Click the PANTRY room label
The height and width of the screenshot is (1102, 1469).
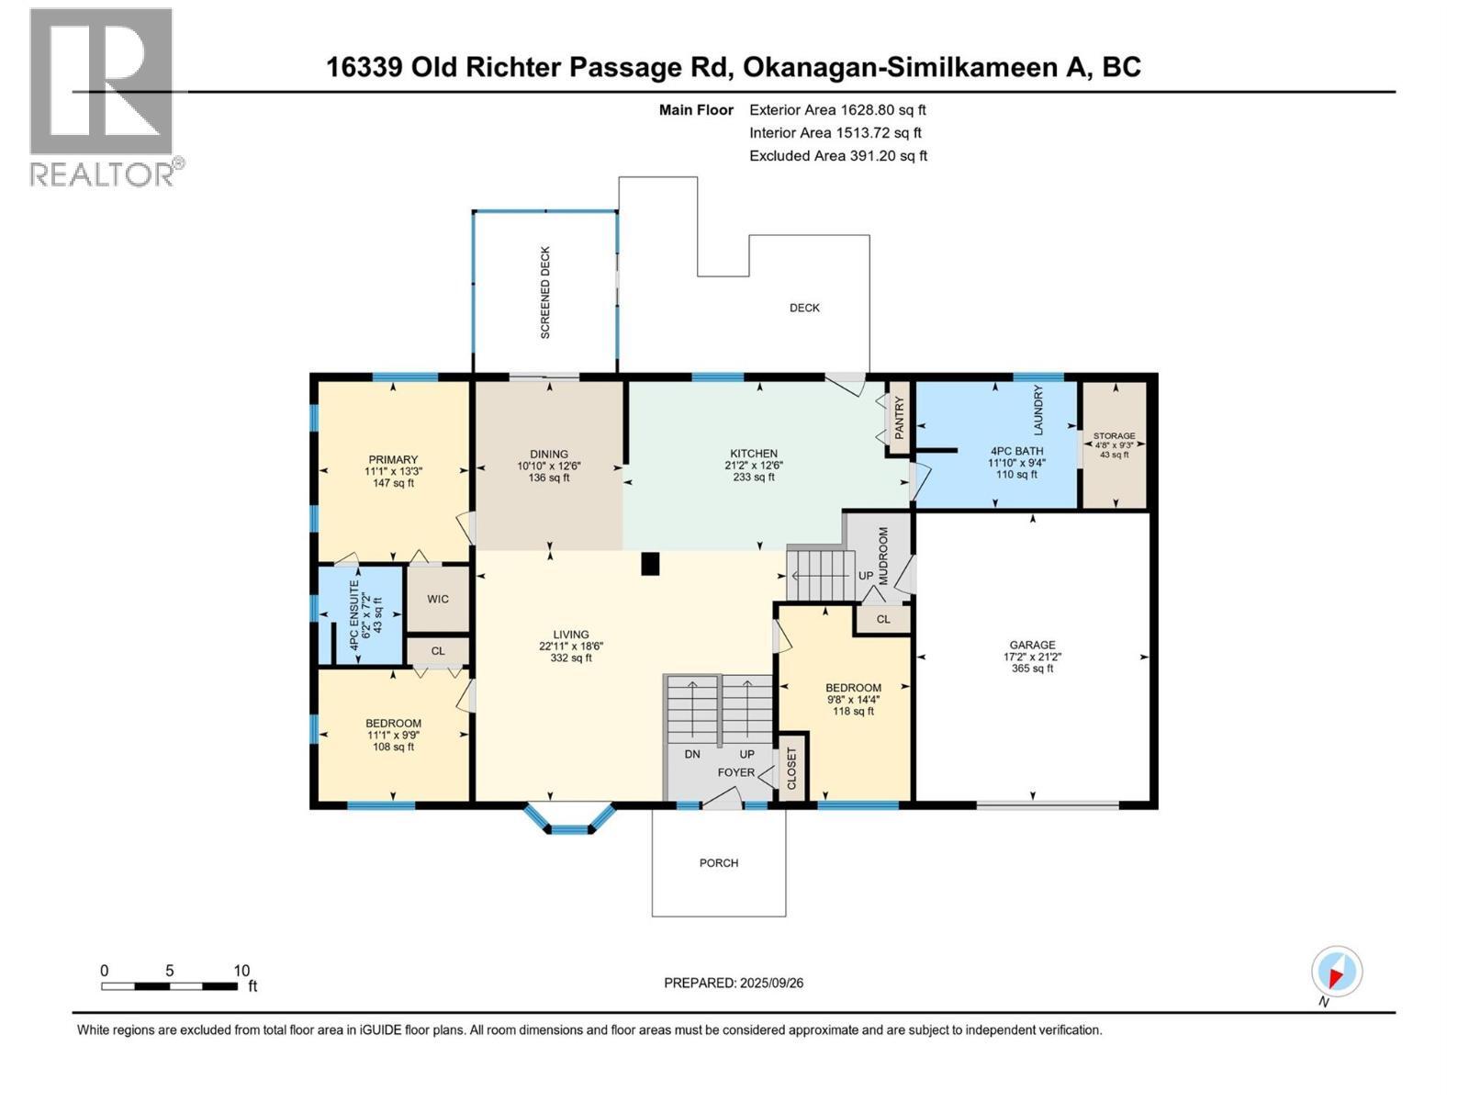pos(900,417)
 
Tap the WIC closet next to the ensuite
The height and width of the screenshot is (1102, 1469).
pos(438,599)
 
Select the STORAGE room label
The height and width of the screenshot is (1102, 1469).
pos(1114,436)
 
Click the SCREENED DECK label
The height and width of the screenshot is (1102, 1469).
pos(545,292)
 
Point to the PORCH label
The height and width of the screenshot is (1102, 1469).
pos(719,863)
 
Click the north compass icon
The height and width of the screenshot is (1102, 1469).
pos(1336,972)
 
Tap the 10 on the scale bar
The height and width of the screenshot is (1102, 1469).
pos(241,971)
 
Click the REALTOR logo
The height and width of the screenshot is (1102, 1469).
pos(102,96)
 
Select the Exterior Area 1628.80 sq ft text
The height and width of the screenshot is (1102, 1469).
pos(837,110)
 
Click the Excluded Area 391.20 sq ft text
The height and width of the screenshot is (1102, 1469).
pos(837,156)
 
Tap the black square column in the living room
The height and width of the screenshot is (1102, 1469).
pos(650,564)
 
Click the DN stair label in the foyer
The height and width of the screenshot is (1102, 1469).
pos(692,754)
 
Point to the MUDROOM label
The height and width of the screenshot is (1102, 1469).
pos(883,557)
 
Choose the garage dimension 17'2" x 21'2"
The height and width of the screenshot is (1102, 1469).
pos(1033,657)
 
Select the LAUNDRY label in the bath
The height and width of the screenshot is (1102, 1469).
pos(1038,410)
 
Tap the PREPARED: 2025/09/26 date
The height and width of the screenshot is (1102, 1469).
pos(734,983)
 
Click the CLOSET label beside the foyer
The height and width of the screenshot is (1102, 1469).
pos(792,768)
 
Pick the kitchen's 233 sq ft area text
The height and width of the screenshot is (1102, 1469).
pos(754,477)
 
